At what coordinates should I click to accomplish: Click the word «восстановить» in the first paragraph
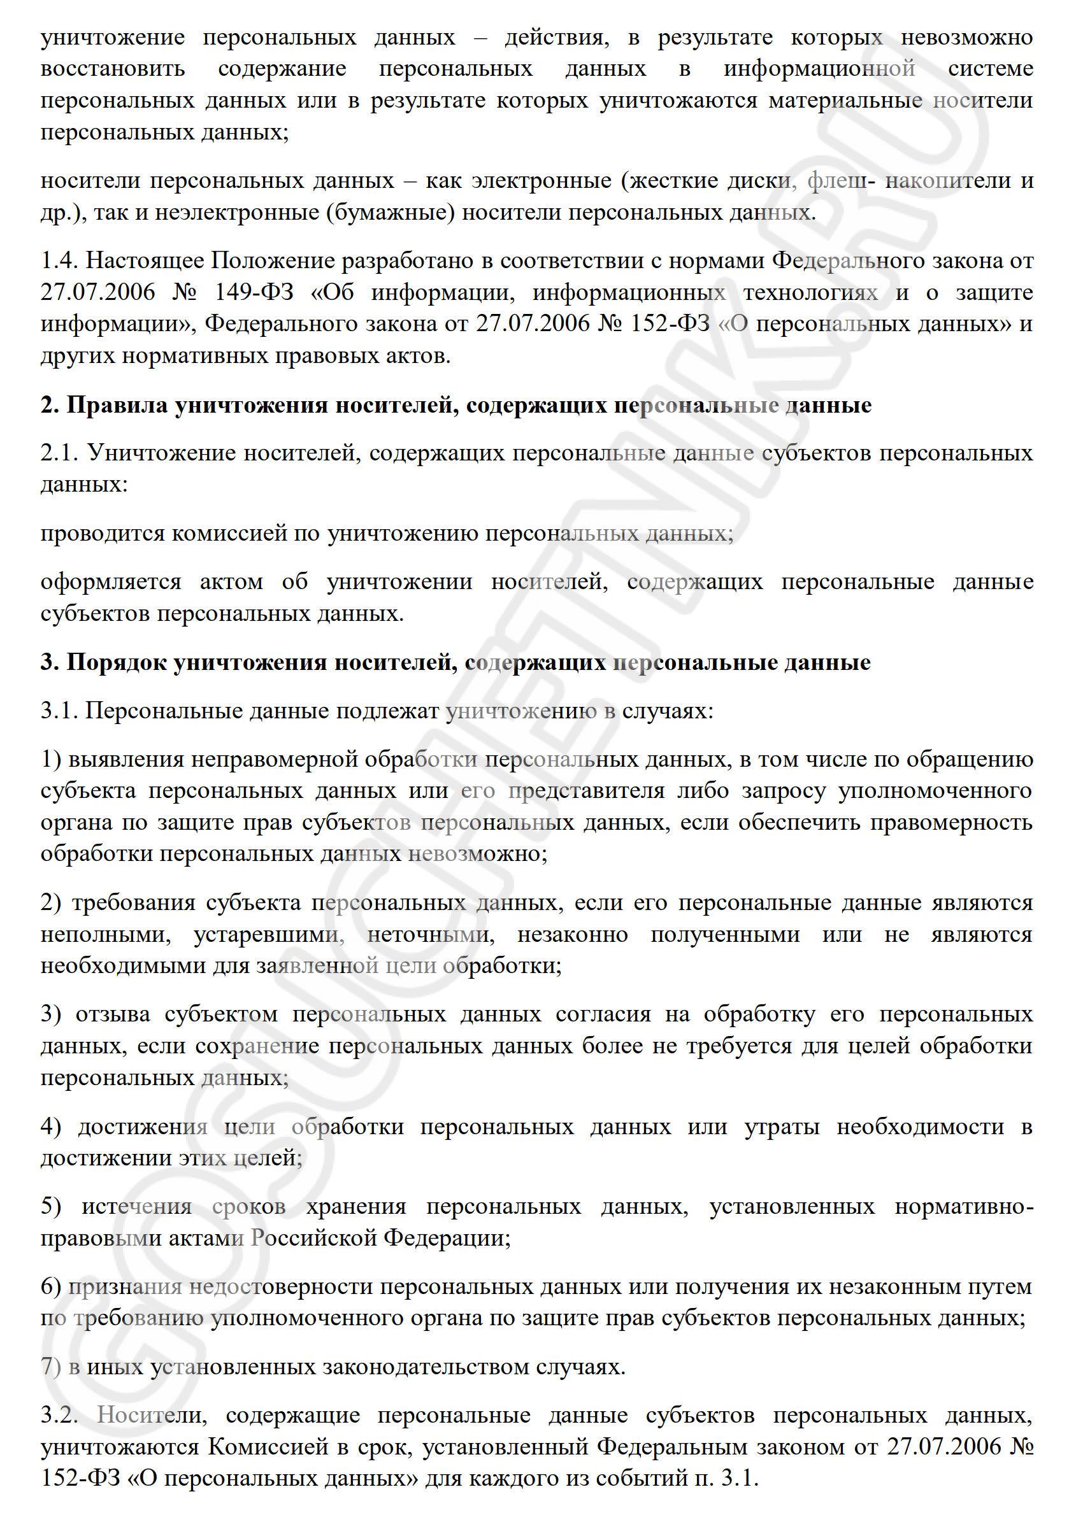pyautogui.click(x=113, y=69)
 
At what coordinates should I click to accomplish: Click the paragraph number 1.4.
pyautogui.click(x=59, y=260)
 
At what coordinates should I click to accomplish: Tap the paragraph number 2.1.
pyautogui.click(x=59, y=453)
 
